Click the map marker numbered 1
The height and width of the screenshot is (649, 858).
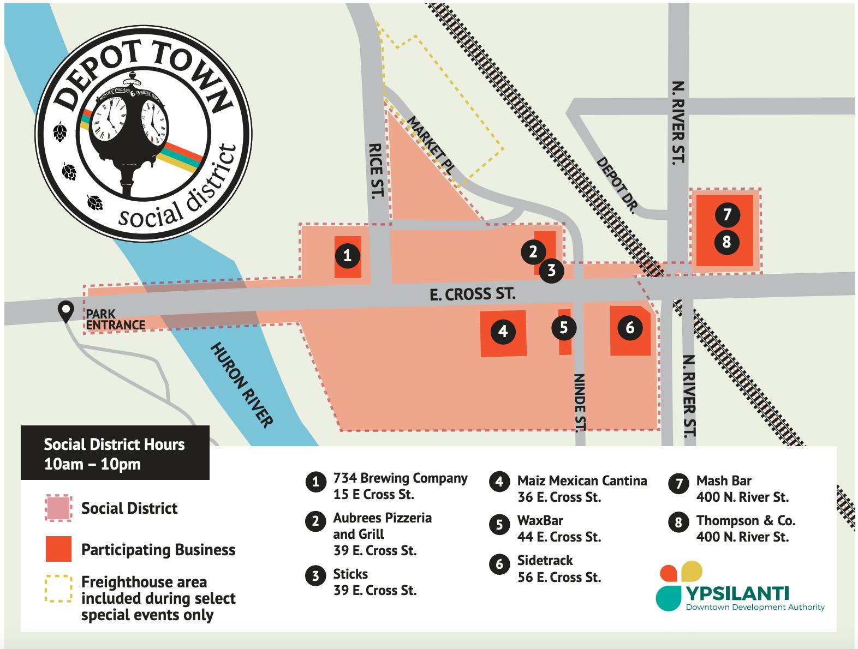[347, 255]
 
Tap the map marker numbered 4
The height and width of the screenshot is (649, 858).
[503, 330]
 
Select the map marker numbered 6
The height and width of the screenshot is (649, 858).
[630, 327]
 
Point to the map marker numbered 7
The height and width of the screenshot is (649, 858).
[726, 214]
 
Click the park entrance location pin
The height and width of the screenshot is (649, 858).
[66, 311]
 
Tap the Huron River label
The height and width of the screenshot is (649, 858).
[242, 384]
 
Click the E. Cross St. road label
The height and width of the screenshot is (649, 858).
[472, 295]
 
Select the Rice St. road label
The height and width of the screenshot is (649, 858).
[377, 170]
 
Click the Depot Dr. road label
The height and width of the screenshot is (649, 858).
[617, 184]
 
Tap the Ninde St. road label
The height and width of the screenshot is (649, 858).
[580, 402]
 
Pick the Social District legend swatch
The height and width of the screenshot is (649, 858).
[58, 508]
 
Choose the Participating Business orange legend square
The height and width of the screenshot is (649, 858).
[58, 549]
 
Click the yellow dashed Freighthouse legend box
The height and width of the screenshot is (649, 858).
[58, 588]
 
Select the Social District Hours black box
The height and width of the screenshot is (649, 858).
[115, 453]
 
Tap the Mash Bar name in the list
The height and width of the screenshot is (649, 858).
[723, 480]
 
